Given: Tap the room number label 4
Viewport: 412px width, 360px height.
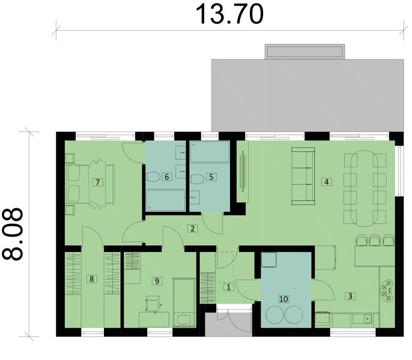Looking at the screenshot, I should (326, 181).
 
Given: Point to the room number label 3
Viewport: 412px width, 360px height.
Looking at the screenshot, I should (350, 295).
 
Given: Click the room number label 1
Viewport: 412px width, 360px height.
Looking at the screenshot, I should (228, 287).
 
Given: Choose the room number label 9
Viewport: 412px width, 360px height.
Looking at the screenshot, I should (157, 280).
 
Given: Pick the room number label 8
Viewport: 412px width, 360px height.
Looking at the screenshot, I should (92, 278).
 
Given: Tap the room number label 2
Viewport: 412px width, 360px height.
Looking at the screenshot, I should (192, 228).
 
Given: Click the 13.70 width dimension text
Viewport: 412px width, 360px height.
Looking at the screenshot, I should (230, 14).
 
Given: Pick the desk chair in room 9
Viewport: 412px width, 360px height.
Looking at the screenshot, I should (154, 305).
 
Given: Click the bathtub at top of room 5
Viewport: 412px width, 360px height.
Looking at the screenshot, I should (209, 152).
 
